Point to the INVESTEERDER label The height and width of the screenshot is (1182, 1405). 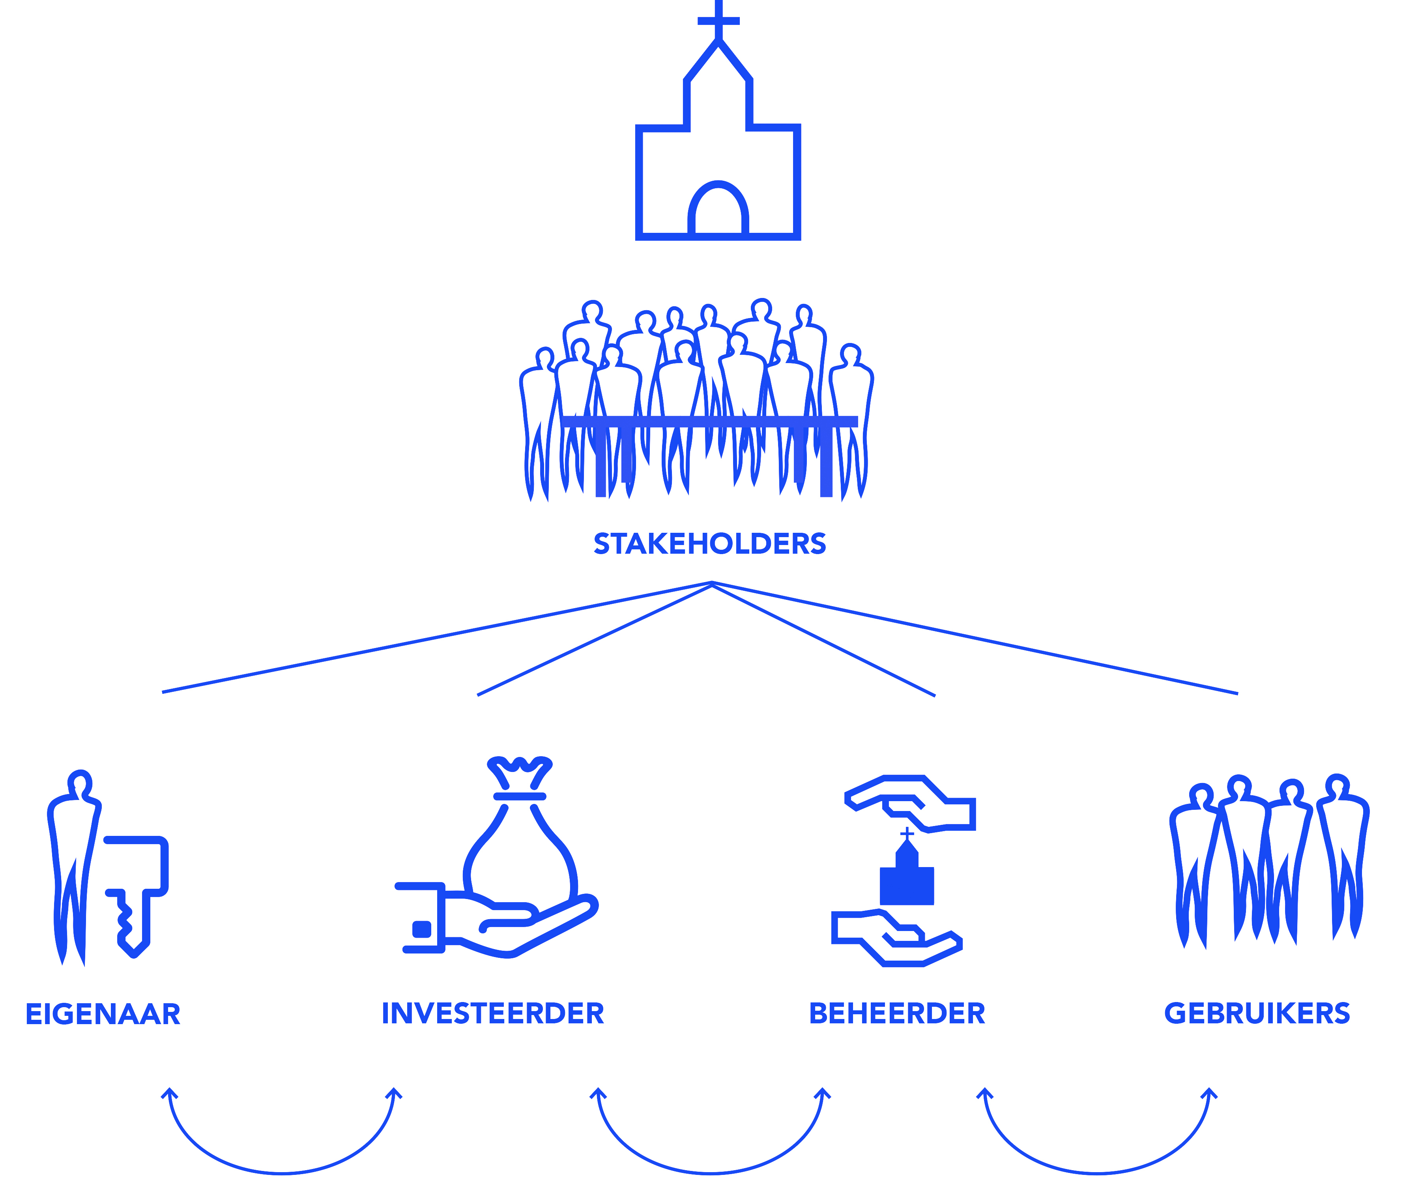492,1014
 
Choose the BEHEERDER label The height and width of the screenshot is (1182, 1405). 897,1014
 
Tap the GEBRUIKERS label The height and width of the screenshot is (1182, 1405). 1257,1014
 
